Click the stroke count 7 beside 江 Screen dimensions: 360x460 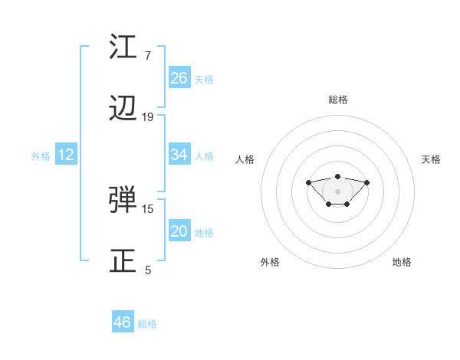147,55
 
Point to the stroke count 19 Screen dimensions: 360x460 148,117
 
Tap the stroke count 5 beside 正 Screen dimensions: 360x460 148,270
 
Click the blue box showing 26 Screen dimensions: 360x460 179,78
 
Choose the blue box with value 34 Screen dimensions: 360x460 179,155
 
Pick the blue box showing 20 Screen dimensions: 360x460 179,231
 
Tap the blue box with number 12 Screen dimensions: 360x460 66,155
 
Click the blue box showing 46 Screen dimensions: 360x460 123,322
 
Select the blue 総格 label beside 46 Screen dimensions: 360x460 147,324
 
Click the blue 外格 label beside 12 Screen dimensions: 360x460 41,156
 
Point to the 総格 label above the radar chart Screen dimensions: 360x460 338,100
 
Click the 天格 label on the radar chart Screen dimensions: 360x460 432,159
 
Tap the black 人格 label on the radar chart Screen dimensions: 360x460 245,159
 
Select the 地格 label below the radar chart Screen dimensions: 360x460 402,262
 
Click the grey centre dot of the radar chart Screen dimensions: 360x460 338,191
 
